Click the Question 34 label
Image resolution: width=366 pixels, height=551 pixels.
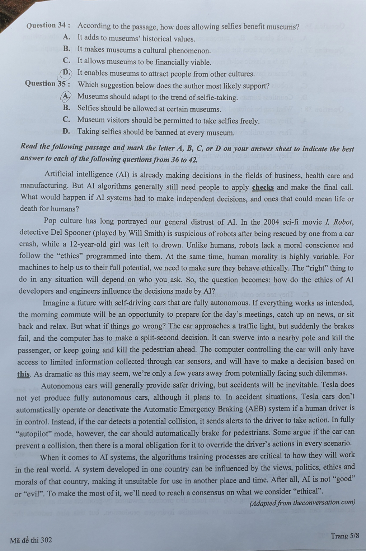48,26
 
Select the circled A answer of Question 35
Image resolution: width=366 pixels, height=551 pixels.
66,96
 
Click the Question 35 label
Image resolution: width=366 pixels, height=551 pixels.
47,84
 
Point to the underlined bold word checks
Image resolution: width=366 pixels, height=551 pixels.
263,187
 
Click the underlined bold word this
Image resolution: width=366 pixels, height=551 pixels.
23,374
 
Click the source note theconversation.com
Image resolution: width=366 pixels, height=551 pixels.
324,502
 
